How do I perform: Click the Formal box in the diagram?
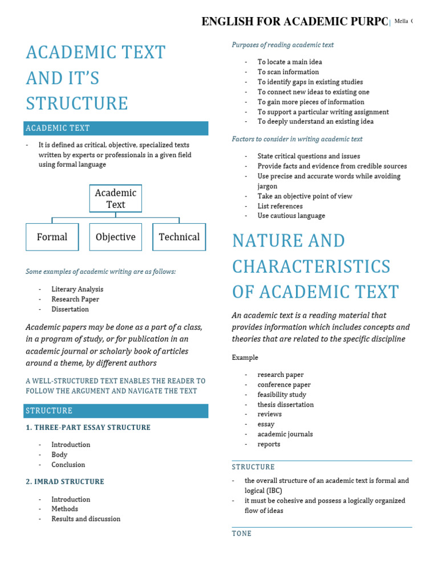coord(52,237)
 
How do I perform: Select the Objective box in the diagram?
coord(116,237)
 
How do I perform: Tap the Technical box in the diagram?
coord(179,237)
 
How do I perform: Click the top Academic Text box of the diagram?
coord(116,199)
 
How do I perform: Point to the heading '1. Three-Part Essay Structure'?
coord(88,428)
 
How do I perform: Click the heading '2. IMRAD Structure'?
coord(65,482)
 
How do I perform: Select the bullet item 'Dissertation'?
coord(70,309)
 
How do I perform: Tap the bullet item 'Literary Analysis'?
coord(77,289)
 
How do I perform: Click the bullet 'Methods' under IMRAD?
coord(64,509)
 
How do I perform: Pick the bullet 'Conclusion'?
coord(68,465)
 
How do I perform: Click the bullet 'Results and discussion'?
coord(86,519)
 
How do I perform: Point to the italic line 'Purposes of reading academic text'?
coord(282,45)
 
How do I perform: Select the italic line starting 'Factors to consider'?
coord(297,139)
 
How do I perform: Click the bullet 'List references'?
coord(280,206)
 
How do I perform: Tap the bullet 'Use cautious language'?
coord(291,216)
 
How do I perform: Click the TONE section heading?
coord(241,533)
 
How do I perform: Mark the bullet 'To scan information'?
coord(288,72)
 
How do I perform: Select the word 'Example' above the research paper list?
coord(245,358)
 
